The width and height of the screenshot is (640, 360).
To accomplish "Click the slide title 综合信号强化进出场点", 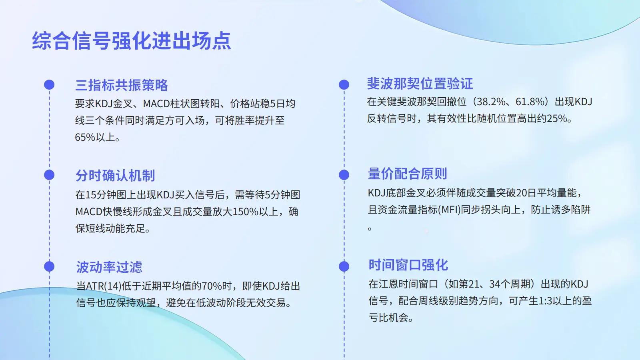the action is (x=132, y=41).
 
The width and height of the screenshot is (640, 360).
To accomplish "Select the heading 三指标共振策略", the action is (x=122, y=85).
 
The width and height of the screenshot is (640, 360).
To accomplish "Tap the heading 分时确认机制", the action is (x=115, y=176).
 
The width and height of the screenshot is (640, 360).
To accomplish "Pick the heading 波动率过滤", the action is (x=109, y=267).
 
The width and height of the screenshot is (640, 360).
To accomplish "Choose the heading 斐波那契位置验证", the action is (x=420, y=84).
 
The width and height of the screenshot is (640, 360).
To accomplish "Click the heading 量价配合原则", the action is (x=408, y=174).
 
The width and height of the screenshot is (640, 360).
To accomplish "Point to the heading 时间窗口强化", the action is (x=408, y=265).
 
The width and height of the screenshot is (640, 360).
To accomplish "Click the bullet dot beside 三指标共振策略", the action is (x=49, y=84).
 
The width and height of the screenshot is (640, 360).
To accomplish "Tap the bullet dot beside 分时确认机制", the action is (x=49, y=175).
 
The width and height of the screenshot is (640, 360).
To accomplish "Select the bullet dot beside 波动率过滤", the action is (x=49, y=266).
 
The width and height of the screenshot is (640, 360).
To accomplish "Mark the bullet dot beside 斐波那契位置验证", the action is (x=344, y=84).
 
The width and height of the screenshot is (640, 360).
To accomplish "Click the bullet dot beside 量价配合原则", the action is (x=344, y=175).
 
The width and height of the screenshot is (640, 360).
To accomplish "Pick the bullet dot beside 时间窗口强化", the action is (x=344, y=266).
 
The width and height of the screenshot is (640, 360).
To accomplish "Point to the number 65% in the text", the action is (x=85, y=138).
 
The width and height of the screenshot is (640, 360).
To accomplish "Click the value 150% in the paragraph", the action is (x=246, y=212).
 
